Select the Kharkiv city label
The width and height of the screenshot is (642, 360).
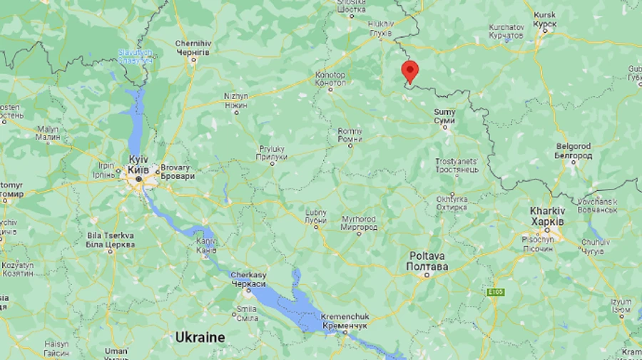[x=547, y=216]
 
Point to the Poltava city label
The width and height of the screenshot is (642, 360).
[x=427, y=261]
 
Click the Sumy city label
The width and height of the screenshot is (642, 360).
[x=444, y=117]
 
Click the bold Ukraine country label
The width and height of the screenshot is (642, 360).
[x=200, y=337]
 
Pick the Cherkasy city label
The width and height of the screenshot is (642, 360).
[x=248, y=279]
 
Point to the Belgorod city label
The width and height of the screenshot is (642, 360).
[x=574, y=150]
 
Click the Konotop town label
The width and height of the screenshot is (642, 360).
[x=330, y=79]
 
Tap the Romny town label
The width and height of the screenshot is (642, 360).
[x=350, y=135]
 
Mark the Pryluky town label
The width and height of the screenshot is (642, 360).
[x=272, y=153]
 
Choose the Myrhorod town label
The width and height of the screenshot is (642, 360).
[x=357, y=222]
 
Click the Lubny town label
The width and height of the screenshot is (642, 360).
[x=315, y=217]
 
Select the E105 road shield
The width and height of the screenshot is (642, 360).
[x=496, y=292]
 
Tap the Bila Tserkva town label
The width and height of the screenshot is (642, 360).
[x=110, y=240]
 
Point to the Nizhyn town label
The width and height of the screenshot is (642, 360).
[x=236, y=100]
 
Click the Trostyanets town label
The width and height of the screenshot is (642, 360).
[x=457, y=165]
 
